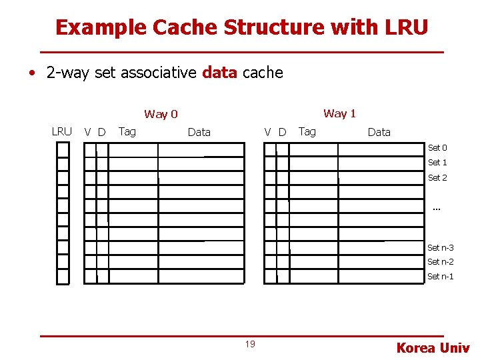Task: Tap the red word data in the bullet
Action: tap(219, 73)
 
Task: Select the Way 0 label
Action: tap(161, 114)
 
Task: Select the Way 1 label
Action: tap(339, 113)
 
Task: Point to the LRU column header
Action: tap(61, 131)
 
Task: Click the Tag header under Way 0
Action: tap(127, 131)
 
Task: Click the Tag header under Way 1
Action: tap(307, 131)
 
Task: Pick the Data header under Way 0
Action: tap(199, 132)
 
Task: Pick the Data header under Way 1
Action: tap(379, 132)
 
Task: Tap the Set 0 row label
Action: tap(437, 148)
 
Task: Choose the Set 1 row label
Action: tap(437, 163)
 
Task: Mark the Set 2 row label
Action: tap(437, 178)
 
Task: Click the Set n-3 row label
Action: tap(440, 248)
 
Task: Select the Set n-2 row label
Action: tap(440, 262)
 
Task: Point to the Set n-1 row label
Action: tap(440, 277)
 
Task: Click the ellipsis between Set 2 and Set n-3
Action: tap(437, 209)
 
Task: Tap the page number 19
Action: tap(250, 344)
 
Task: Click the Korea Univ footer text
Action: tap(433, 347)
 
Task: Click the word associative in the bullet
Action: tap(158, 73)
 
